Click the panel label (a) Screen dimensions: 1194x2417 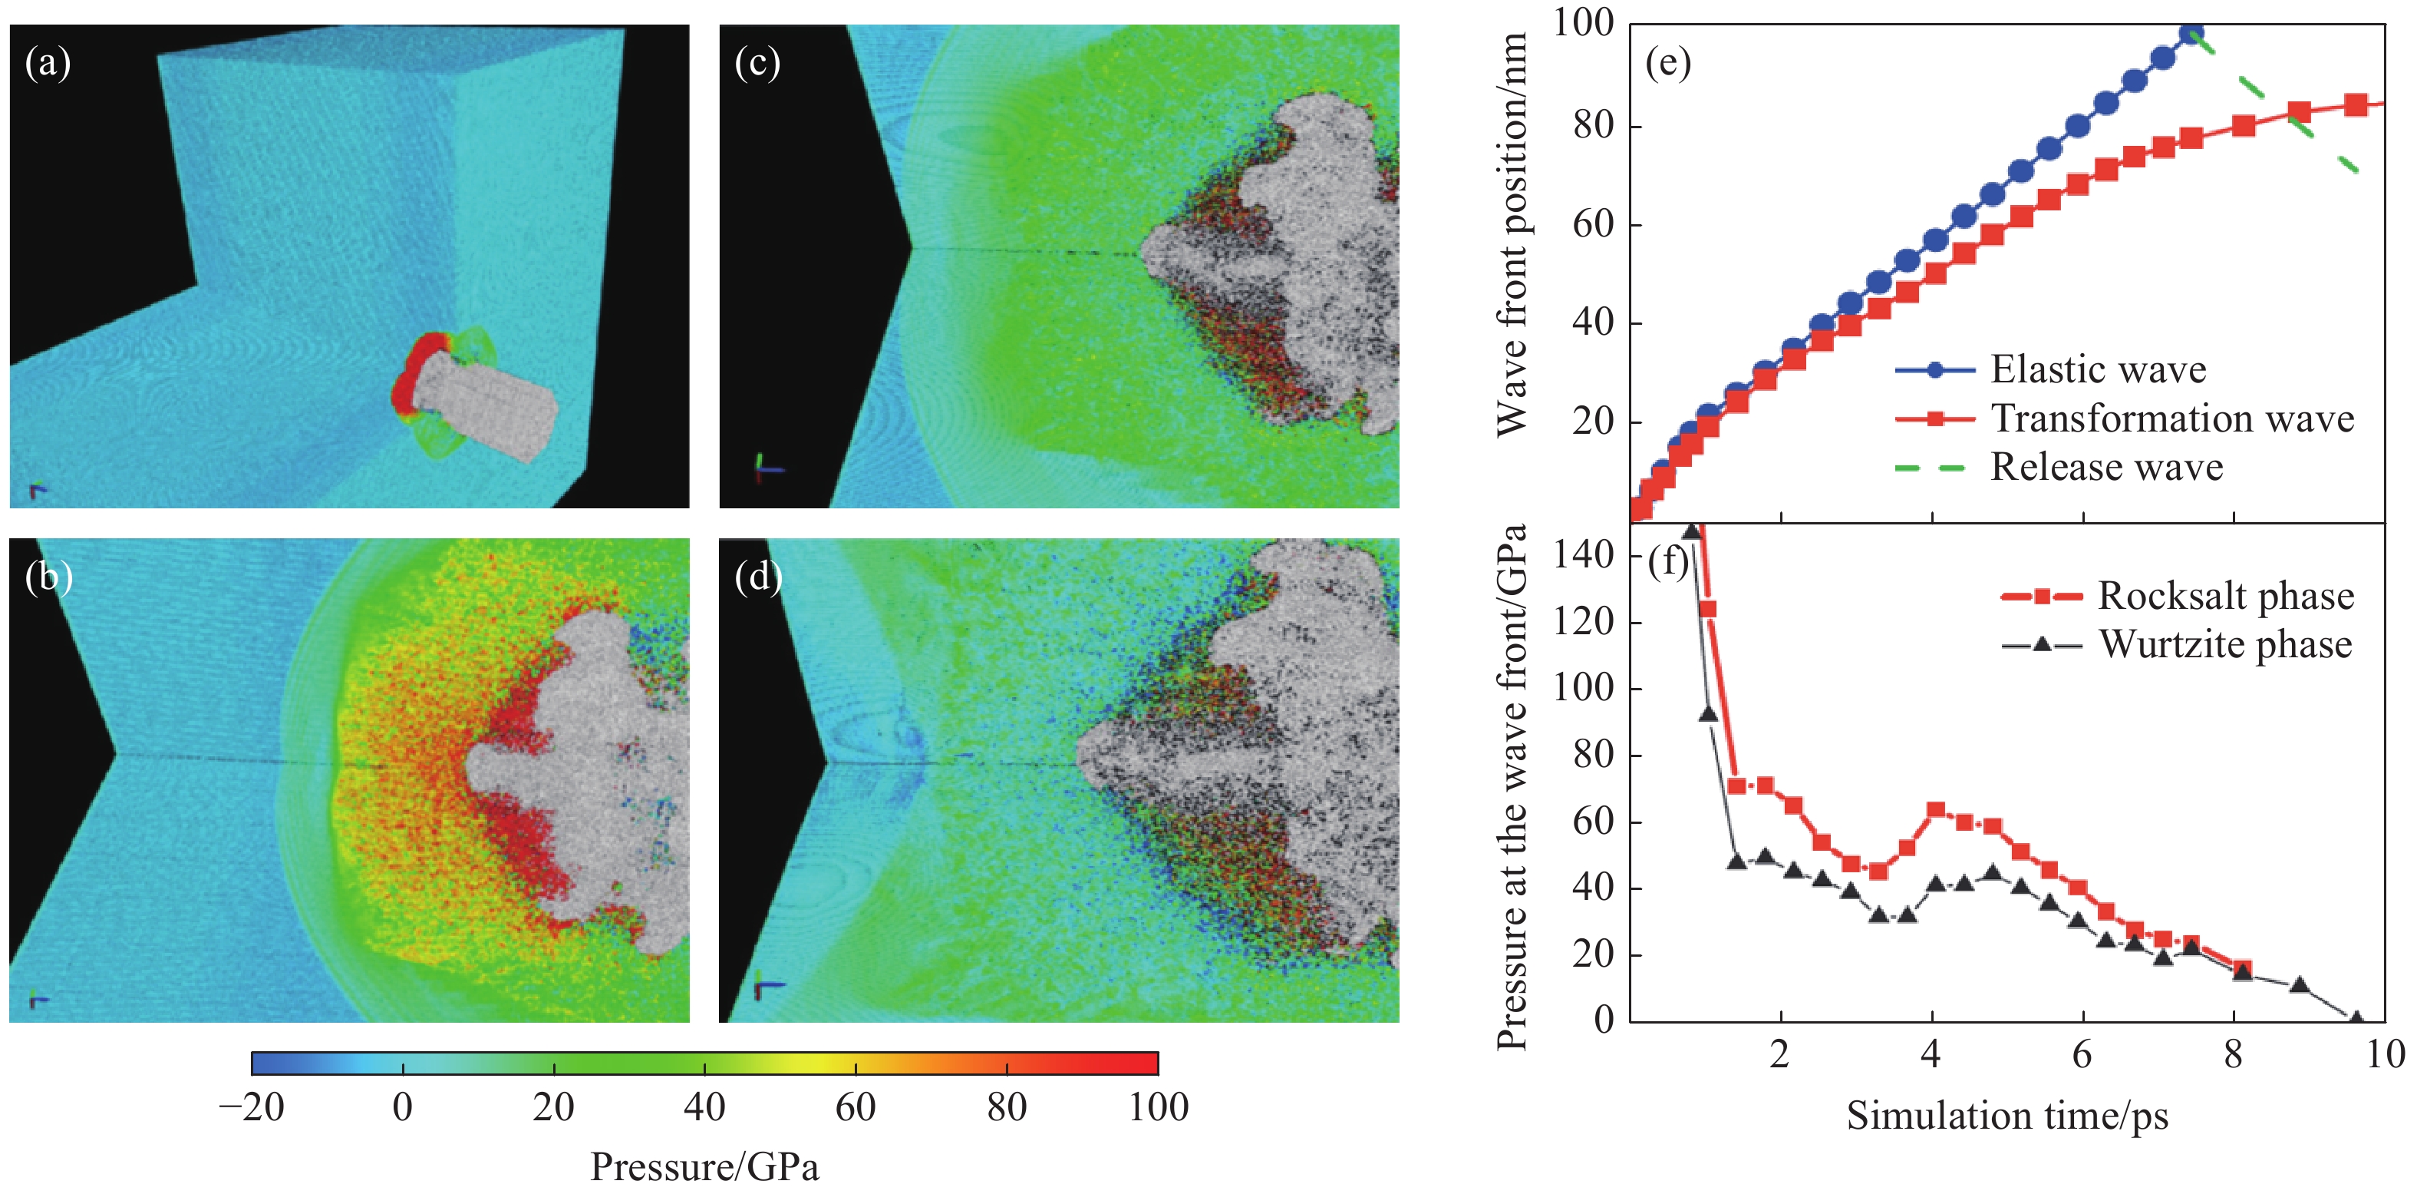(48, 64)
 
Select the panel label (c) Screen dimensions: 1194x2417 (757, 64)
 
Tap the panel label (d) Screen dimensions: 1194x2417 (758, 577)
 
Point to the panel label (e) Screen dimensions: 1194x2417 (1667, 64)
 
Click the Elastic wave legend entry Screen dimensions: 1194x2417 (2097, 370)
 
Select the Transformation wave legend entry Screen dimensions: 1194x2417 (2171, 418)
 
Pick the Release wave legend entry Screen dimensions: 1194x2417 (2106, 468)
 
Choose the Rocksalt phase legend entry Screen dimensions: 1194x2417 (2224, 596)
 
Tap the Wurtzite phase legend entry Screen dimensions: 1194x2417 (2224, 645)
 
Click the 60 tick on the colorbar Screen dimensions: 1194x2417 (856, 1108)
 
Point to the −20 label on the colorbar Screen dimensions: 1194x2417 (252, 1108)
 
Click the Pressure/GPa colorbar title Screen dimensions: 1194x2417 (704, 1167)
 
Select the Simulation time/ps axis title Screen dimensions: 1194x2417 (2007, 1116)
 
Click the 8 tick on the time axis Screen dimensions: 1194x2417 (2233, 1055)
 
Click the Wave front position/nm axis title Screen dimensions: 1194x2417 (1512, 235)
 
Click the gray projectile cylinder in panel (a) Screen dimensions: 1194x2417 (488, 410)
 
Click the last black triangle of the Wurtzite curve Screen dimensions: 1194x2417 (2355, 1017)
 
